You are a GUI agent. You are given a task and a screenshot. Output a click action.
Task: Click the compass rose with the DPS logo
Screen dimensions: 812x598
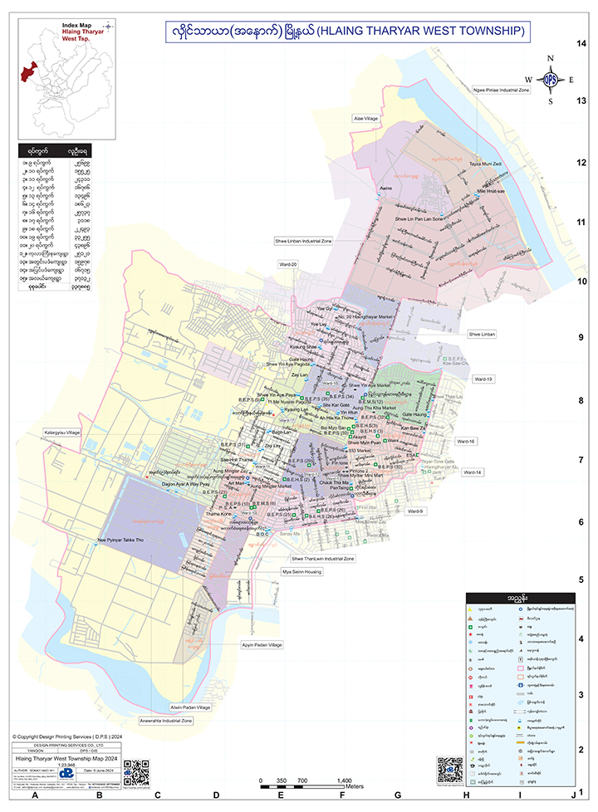[549, 80]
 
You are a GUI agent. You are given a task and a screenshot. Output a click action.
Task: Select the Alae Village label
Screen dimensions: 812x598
[365, 119]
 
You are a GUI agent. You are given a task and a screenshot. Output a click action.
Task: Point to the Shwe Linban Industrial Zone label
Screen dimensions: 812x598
[303, 240]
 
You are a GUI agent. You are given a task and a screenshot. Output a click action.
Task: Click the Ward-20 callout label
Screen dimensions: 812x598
[288, 263]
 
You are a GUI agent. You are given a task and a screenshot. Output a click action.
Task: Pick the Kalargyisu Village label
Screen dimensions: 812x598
[62, 433]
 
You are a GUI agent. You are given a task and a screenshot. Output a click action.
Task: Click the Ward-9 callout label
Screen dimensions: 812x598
[415, 511]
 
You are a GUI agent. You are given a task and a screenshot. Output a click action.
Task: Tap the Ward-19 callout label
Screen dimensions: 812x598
[483, 379]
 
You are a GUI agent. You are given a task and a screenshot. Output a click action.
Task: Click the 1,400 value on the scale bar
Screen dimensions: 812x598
[344, 780]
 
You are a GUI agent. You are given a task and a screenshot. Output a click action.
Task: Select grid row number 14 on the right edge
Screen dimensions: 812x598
[583, 42]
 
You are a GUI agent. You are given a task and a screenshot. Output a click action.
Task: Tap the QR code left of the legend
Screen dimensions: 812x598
[449, 770]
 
